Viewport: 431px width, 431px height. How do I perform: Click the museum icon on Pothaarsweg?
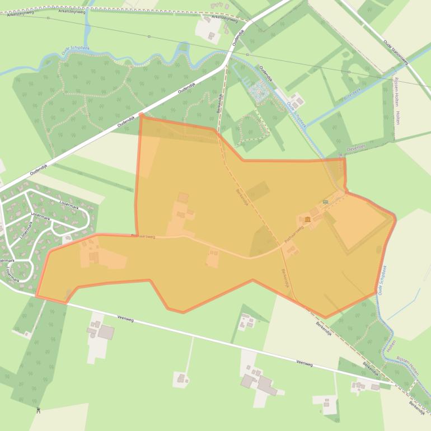308,218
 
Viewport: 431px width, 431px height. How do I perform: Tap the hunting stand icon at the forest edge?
38,411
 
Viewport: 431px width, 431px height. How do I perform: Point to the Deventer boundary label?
356,147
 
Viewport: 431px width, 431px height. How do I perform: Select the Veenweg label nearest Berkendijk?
304,364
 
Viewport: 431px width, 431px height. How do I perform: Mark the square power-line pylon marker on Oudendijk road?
149,36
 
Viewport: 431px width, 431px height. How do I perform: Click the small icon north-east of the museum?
325,202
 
